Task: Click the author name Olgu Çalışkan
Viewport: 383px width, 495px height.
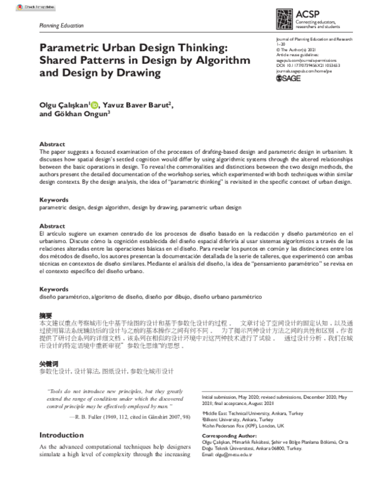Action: pos(64,105)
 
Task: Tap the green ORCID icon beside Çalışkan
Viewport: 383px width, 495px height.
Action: pos(94,104)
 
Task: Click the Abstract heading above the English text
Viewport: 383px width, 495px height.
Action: pos(52,144)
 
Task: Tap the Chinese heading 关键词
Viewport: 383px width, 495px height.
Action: pos(49,363)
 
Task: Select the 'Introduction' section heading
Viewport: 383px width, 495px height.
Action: pos(61,436)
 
